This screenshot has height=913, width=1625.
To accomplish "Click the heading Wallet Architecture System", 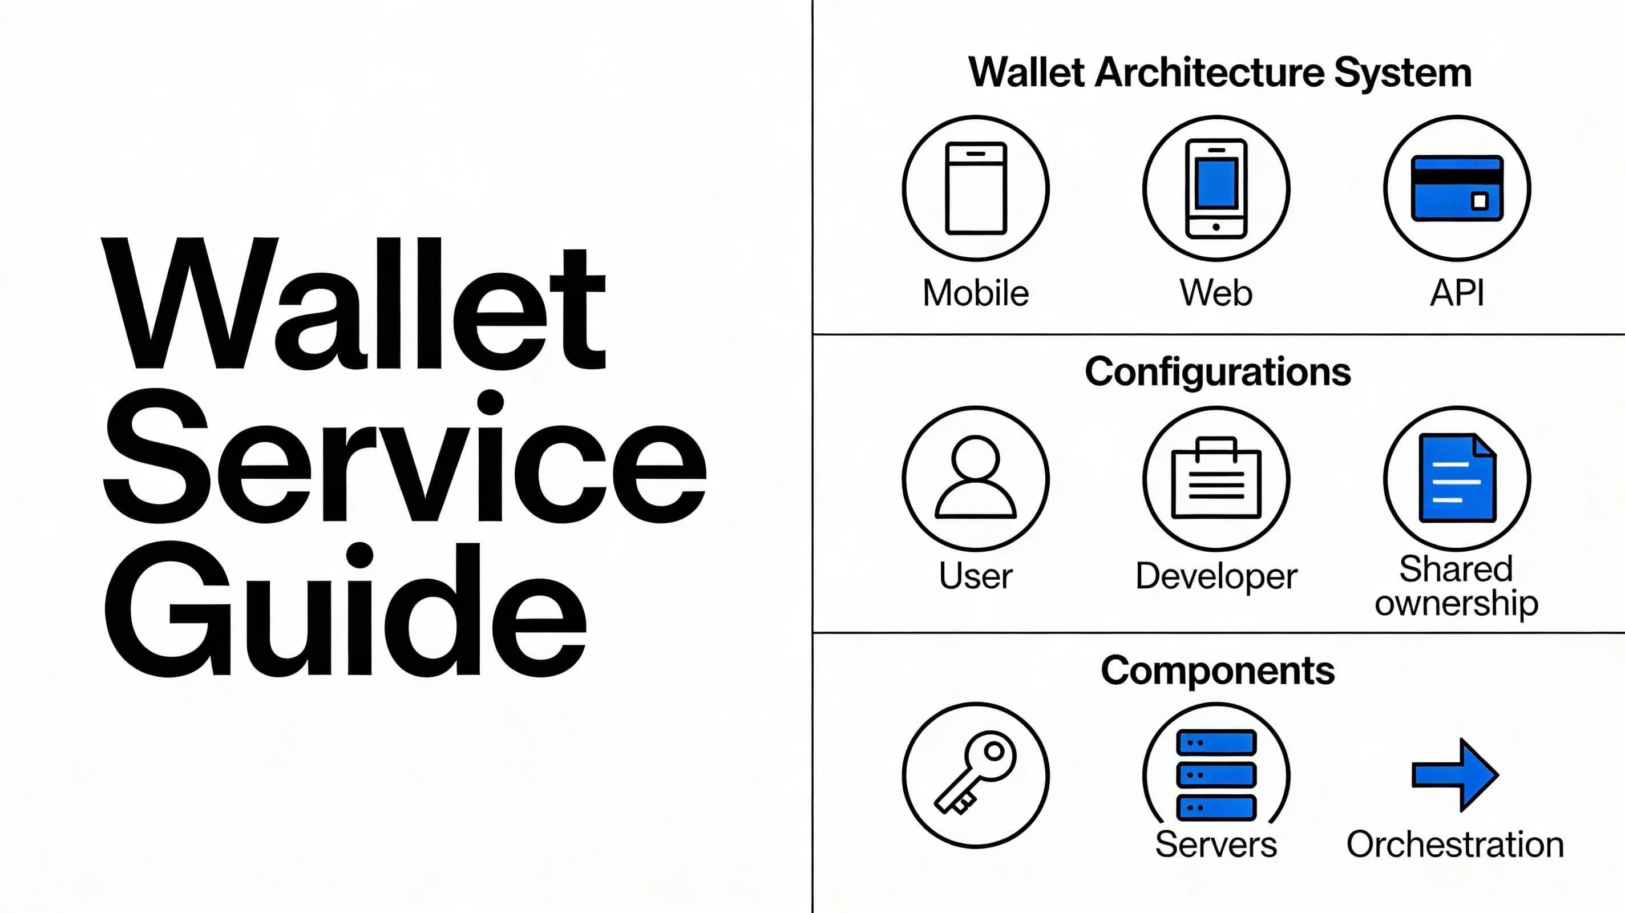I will point(1219,72).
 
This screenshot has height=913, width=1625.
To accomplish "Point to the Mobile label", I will point(975,293).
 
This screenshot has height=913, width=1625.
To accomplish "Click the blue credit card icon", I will point(1457,188).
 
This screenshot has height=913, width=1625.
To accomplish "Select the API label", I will point(1457,293).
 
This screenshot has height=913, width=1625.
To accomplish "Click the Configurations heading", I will point(1218,371).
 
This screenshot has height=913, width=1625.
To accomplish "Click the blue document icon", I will point(1457,478).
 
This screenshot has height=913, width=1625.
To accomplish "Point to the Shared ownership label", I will point(1457,586).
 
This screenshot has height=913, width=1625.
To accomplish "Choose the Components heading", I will point(1218,670).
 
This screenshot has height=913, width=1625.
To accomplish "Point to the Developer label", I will point(1215,576).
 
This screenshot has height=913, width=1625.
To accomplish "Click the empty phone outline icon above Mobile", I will point(975,188).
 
